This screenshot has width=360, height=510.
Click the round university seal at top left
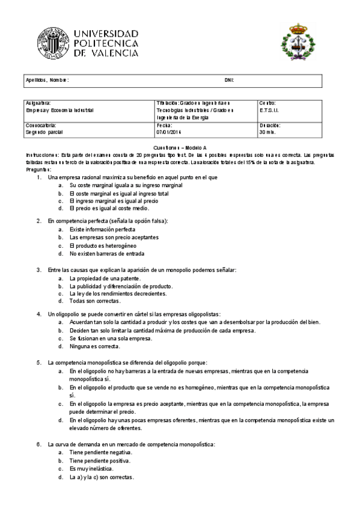pyautogui.click(x=52, y=43)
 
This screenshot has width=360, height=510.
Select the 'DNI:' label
pyautogui.click(x=229, y=80)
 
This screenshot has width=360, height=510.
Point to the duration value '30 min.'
pyautogui.click(x=267, y=132)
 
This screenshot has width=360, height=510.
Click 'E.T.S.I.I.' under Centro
pyautogui.click(x=269, y=111)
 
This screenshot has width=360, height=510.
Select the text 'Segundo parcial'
pyautogui.click(x=44, y=132)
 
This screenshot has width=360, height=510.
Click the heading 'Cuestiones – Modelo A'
pyautogui.click(x=180, y=147)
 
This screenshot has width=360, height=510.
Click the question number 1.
pyautogui.click(x=39, y=177)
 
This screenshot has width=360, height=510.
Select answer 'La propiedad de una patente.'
pyautogui.click(x=105, y=278)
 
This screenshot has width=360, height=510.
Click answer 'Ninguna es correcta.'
pyautogui.click(x=94, y=346)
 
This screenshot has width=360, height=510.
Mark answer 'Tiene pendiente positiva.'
pyautogui.click(x=100, y=460)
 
